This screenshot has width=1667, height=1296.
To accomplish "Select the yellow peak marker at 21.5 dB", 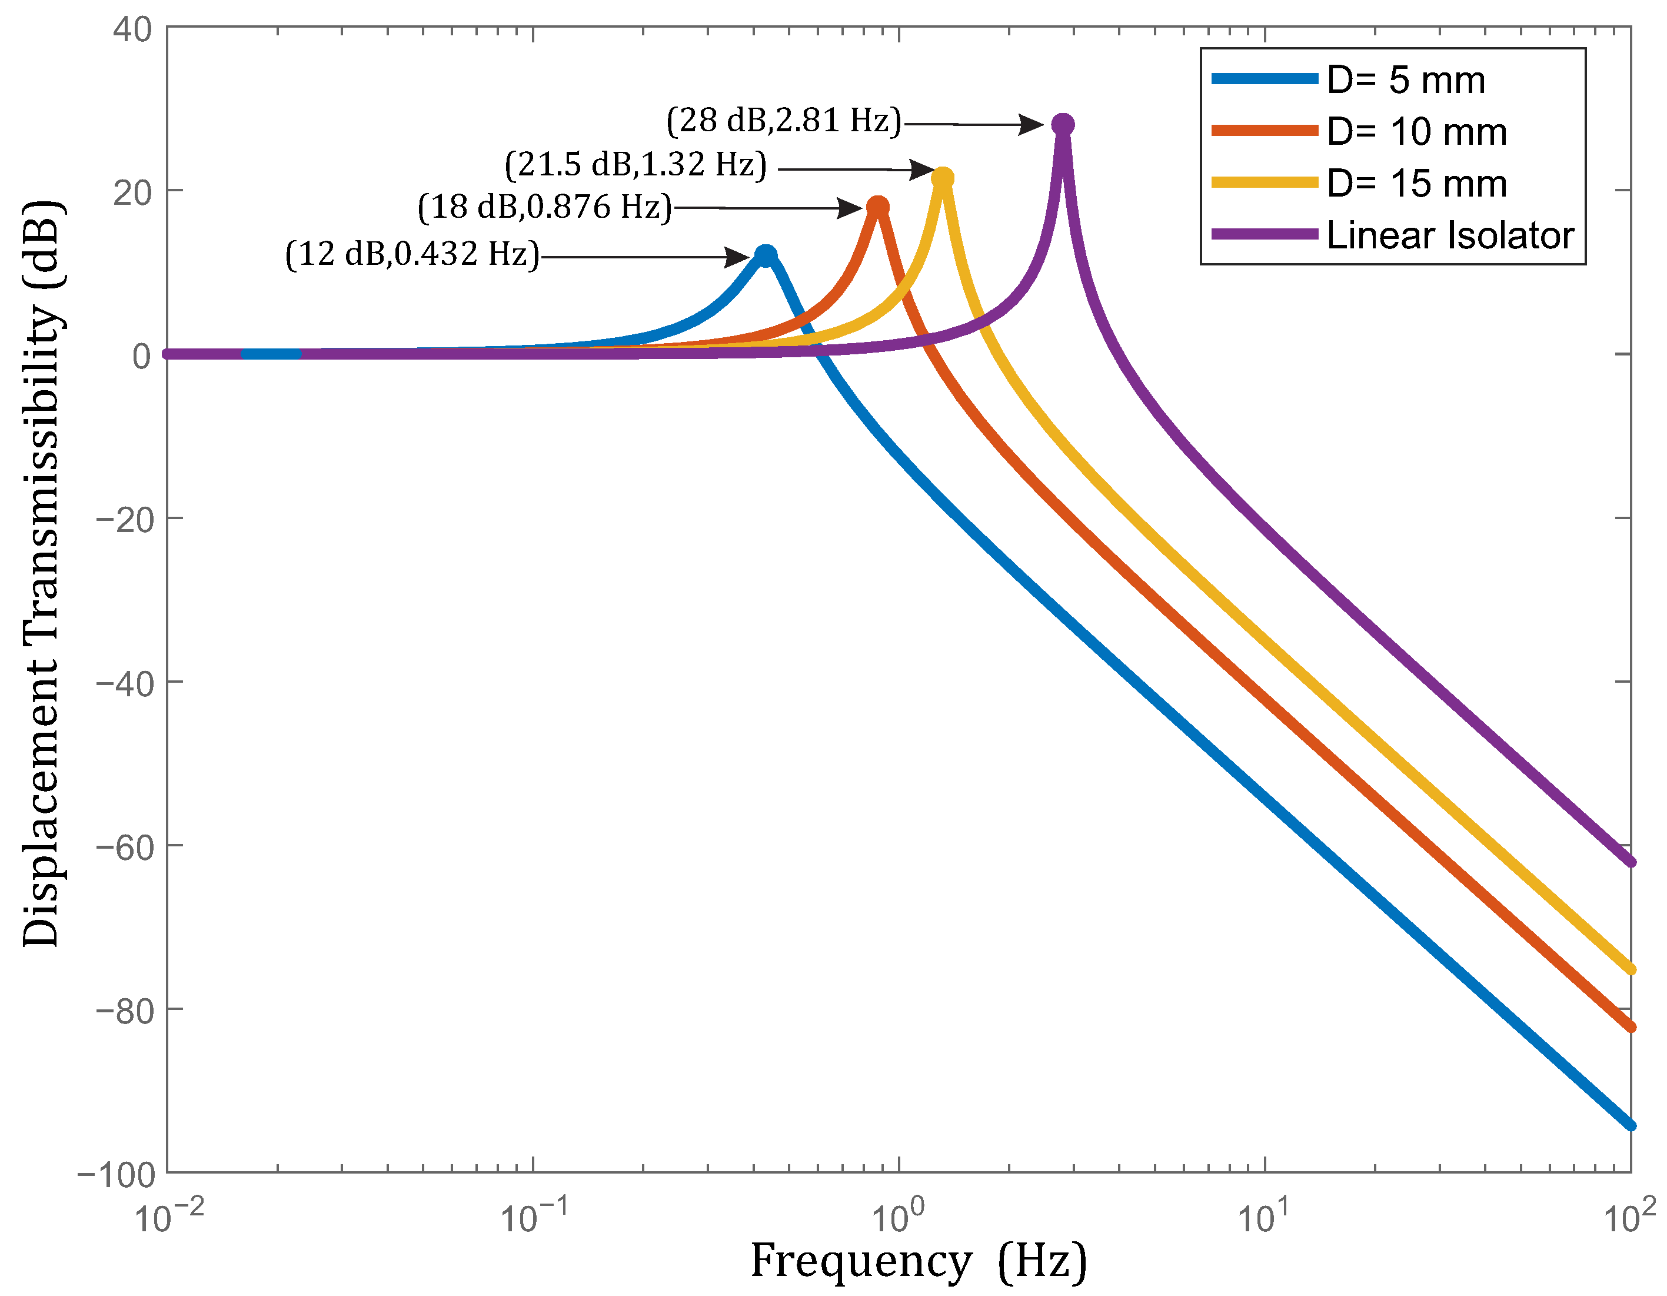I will pyautogui.click(x=943, y=178).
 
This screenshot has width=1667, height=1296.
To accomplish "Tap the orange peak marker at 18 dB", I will pyautogui.click(x=878, y=207).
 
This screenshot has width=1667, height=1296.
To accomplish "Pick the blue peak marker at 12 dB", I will pyautogui.click(x=766, y=255).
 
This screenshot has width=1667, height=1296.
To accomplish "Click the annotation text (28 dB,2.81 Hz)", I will pyautogui.click(x=784, y=121).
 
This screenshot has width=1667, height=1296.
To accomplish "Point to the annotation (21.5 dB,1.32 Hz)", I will pyautogui.click(x=636, y=164).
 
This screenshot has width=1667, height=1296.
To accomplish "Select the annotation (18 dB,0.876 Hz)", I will pyautogui.click(x=545, y=207).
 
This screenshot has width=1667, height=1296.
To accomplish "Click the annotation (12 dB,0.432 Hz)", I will pyautogui.click(x=412, y=254).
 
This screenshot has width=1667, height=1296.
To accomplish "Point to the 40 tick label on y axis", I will pyautogui.click(x=133, y=30).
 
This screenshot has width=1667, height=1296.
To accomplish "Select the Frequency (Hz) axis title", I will pyautogui.click(x=918, y=1261).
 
